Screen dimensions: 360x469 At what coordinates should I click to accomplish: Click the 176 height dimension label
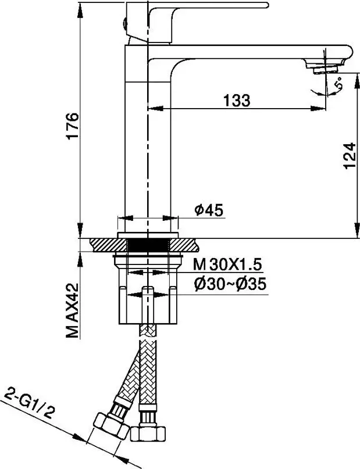(73, 126)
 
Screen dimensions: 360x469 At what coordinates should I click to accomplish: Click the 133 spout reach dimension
(236, 101)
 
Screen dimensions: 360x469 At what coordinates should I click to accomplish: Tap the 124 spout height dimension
(349, 156)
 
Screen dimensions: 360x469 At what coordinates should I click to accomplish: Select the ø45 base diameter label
(209, 210)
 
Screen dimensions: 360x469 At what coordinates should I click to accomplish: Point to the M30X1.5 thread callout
(227, 264)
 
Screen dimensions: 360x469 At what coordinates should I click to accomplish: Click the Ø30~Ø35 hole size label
(230, 284)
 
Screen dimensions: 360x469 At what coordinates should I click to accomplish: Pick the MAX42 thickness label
(73, 310)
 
